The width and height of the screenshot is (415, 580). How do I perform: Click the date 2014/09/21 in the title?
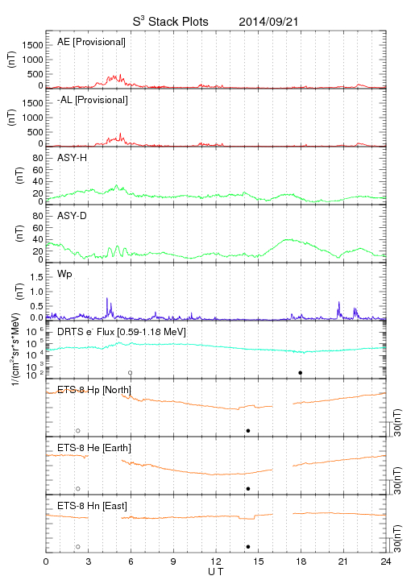pos(268,22)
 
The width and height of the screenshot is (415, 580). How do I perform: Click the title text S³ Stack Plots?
pos(171,22)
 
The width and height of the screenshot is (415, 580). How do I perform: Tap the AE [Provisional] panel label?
pos(91,42)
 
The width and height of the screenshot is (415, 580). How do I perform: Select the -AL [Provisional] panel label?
pos(93,100)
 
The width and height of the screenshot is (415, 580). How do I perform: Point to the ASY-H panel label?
pos(73,158)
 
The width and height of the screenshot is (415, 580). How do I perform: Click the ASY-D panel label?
pos(73,216)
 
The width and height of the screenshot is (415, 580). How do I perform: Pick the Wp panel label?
pos(64,274)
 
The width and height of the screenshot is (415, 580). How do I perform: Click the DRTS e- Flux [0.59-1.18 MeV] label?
pos(122,332)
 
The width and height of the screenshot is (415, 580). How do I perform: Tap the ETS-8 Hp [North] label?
pos(94,390)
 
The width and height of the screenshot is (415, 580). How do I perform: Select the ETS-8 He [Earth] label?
pos(94,448)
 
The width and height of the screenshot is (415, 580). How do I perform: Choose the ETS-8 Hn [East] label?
pos(92,506)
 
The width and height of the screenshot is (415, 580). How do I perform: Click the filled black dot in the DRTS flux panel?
pos(301,373)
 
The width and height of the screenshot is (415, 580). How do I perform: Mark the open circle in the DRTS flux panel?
pos(131,373)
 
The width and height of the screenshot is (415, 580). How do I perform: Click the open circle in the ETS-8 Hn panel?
pos(78,547)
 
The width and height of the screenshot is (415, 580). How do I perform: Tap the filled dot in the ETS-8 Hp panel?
pos(248,430)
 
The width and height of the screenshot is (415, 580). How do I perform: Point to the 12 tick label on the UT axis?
pos(216,561)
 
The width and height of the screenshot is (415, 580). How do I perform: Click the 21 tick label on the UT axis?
pos(343,561)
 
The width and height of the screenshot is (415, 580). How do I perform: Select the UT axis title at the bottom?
pos(216,572)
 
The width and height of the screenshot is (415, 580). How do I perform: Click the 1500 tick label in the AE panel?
pos(32,45)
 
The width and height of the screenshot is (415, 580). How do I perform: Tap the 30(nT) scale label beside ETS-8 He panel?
pos(397,480)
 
